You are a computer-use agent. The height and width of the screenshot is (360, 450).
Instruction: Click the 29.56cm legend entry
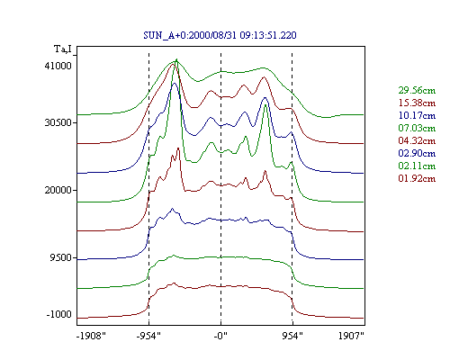(417, 90)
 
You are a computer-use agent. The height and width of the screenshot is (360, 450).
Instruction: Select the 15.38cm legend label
(417, 103)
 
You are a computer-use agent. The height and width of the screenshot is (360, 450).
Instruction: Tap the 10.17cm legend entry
(417, 115)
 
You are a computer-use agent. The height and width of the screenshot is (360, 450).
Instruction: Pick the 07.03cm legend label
(417, 128)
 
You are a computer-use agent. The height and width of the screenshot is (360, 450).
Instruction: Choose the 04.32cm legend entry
(417, 140)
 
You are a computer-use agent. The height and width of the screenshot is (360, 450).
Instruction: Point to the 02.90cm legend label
(417, 153)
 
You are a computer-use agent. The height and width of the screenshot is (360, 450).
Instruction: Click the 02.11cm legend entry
(417, 166)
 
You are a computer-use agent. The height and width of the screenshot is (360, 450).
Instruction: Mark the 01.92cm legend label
(417, 178)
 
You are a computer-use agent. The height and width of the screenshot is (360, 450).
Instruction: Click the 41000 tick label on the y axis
(58, 66)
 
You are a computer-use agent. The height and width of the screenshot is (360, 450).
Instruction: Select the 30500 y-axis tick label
(58, 122)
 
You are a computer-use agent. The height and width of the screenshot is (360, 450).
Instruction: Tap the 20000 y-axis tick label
(58, 190)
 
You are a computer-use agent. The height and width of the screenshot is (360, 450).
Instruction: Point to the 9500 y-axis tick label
(61, 257)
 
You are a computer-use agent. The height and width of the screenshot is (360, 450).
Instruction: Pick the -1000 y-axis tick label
(59, 314)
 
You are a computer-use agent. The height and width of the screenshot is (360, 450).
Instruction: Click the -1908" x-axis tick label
(91, 336)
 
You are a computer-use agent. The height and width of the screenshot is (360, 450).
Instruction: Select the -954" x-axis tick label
(148, 336)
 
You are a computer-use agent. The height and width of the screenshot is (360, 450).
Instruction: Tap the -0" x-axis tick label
(220, 336)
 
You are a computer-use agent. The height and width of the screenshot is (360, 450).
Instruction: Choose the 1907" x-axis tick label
(351, 336)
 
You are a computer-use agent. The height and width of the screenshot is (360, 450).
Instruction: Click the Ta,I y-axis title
(63, 49)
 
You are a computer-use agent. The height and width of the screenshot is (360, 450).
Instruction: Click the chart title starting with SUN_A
(220, 35)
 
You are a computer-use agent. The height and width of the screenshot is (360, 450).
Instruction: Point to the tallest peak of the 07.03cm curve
(176, 59)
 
